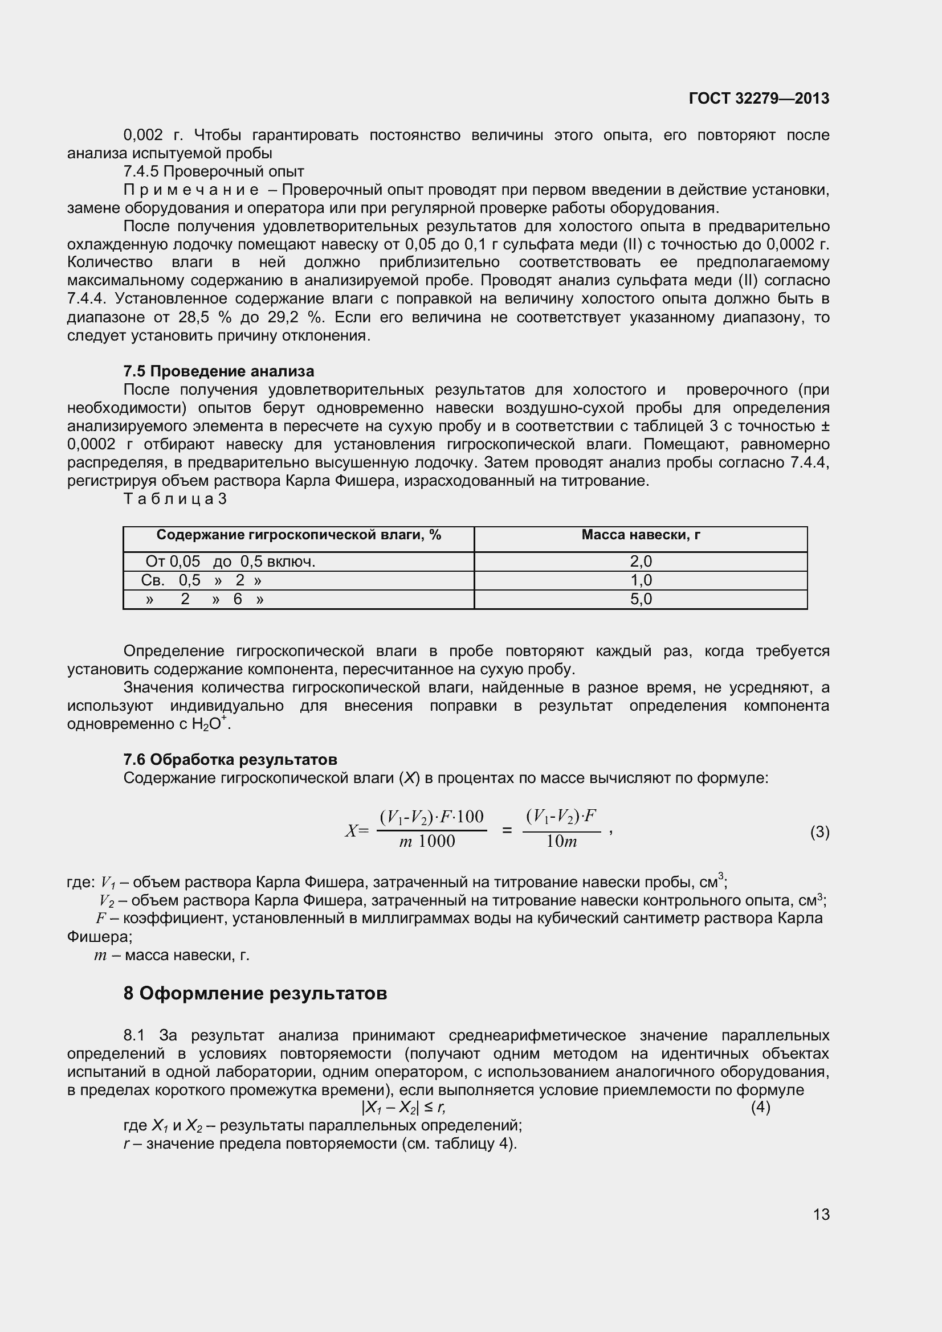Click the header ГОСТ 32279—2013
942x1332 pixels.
coord(759,99)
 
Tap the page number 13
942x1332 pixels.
coord(821,1214)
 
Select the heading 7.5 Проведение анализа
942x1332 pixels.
coord(218,371)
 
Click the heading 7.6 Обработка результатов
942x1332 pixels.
coord(230,760)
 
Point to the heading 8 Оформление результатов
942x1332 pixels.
coord(255,993)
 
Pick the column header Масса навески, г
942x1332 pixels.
coord(640,535)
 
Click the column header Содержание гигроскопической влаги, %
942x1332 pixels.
coord(299,535)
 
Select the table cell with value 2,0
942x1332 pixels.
coord(641,562)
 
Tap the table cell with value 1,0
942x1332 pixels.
coord(641,580)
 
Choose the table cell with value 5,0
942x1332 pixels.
coord(641,599)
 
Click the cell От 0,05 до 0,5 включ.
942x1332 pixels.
coord(230,562)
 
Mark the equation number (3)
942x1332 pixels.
coord(819,833)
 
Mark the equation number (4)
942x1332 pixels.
coord(760,1108)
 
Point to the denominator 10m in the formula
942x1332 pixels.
coord(561,842)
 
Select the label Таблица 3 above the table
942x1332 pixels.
coord(175,499)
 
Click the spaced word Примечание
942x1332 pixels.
coord(191,190)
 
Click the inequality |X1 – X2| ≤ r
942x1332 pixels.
coord(403,1108)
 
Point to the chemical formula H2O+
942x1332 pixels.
coord(211,724)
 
